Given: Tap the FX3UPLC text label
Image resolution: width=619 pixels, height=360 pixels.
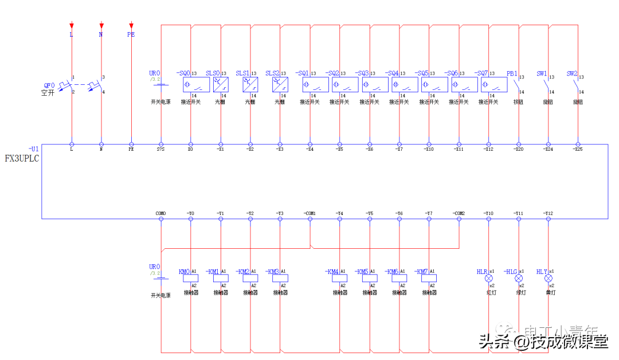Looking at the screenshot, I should (22, 159).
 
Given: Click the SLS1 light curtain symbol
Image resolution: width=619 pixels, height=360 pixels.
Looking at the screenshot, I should (250, 85).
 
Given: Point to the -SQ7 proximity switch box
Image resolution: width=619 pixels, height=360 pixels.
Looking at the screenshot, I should (493, 85).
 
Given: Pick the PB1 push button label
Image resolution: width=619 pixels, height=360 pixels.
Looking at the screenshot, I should (512, 74).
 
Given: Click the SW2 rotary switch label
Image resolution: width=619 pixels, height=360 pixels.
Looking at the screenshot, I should (571, 74).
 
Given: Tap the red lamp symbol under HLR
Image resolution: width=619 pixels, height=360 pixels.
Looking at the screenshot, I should (489, 278).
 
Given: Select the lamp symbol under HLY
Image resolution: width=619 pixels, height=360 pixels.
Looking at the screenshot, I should (549, 278).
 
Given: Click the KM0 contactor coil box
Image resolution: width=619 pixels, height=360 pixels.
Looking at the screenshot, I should (191, 278).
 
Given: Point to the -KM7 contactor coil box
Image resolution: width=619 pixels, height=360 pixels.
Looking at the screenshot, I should (429, 278).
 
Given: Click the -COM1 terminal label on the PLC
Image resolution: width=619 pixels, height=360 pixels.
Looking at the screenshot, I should (309, 213).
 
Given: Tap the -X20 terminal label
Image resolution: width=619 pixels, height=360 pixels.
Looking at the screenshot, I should (518, 150).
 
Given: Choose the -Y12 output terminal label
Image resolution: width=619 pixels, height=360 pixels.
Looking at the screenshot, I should (548, 213).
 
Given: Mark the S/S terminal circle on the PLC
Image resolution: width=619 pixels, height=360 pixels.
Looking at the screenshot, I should (161, 144).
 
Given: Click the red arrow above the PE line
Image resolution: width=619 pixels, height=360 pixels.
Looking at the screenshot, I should (131, 26).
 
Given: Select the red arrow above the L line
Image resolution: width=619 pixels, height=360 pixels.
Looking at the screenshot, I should (72, 26).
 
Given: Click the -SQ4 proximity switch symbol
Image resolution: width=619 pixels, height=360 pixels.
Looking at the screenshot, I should (404, 85).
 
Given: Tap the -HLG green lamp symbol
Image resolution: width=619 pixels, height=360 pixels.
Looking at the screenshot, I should (519, 278).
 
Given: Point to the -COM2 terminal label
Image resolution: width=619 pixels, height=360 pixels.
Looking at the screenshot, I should (458, 213).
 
